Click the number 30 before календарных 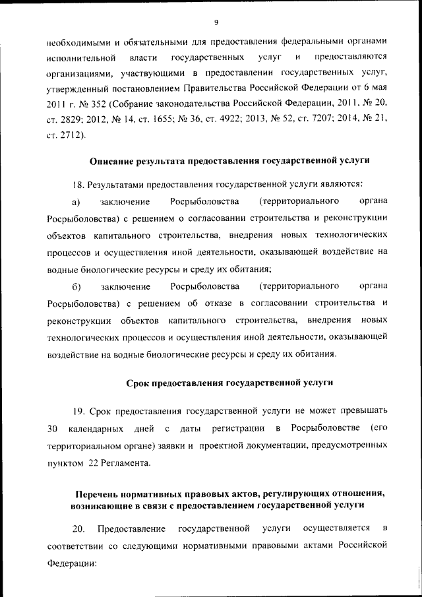point(53,429)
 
